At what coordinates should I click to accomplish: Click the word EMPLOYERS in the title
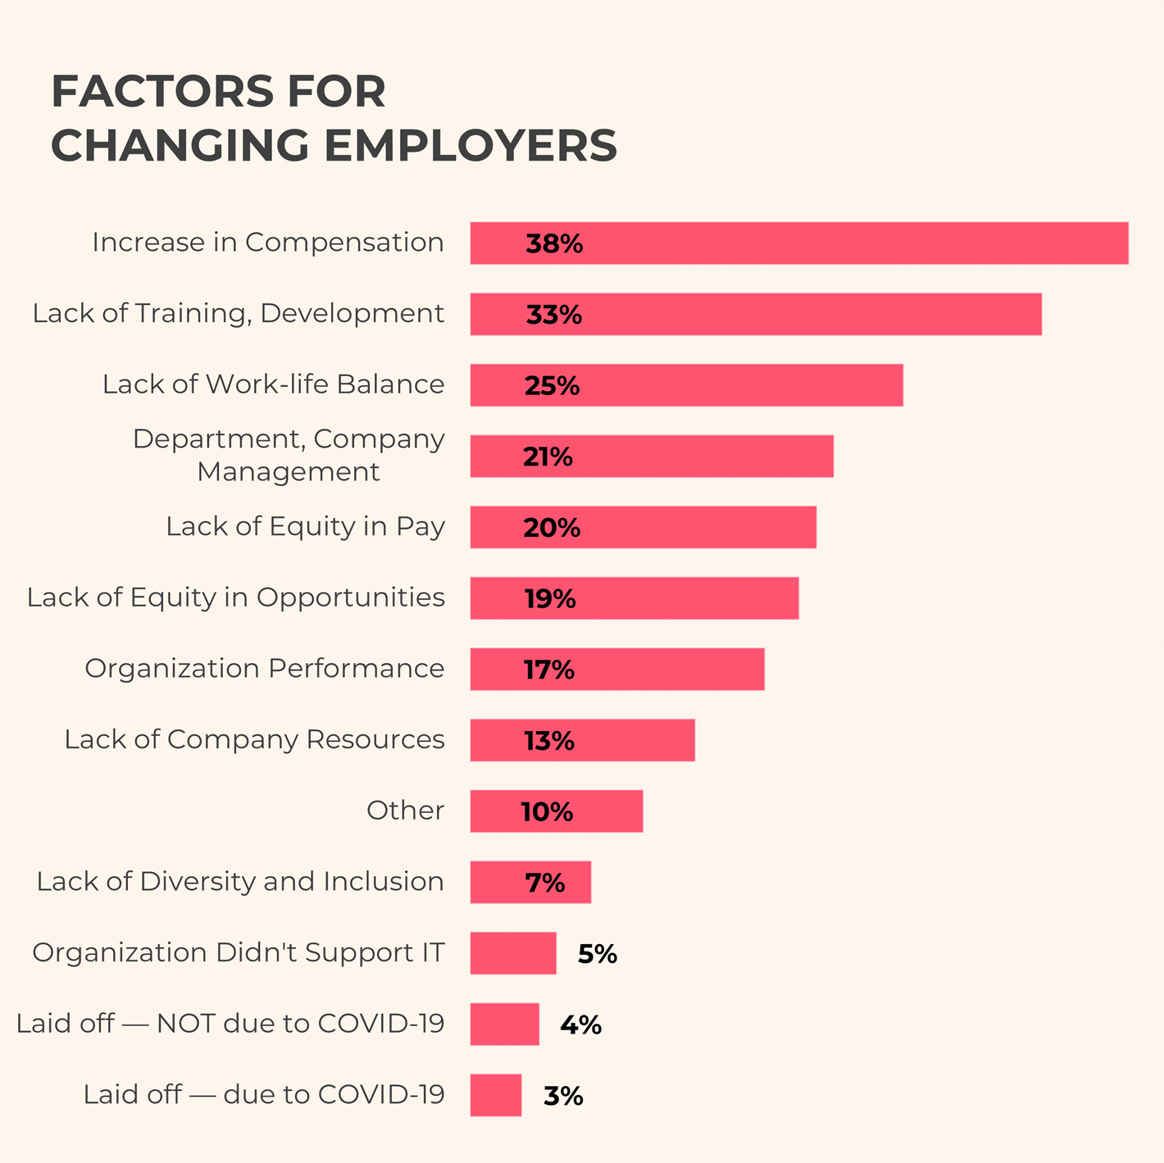pos(471,146)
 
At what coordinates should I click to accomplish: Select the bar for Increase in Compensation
pos(798,243)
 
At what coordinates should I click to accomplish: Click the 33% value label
pos(553,315)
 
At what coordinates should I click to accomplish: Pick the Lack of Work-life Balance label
pos(273,384)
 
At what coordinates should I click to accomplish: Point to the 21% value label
pos(548,457)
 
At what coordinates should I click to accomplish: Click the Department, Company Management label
pos(289,456)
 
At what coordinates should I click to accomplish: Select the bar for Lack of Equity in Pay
pos(643,527)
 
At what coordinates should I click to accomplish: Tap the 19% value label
pos(550,599)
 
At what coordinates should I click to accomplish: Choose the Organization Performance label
pos(264,669)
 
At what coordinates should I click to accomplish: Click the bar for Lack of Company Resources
pos(582,740)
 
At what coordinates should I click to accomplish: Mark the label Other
pos(405,811)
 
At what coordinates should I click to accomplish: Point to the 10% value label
pos(547,812)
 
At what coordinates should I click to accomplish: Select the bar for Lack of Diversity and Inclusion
pos(530,883)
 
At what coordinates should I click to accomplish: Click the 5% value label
pos(597,954)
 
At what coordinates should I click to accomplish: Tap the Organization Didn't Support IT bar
pos(513,953)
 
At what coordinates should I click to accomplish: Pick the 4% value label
pos(580,1025)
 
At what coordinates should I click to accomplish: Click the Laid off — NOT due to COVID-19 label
pos(230,1024)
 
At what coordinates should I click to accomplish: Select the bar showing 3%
pos(496,1095)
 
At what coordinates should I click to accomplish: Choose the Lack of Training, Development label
pos(238,314)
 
